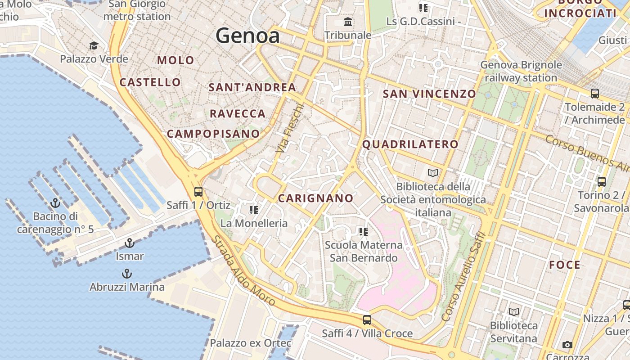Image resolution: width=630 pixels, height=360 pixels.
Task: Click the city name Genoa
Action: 247,36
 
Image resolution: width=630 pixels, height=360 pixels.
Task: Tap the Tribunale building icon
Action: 348,22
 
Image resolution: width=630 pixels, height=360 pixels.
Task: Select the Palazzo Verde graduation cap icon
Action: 94,45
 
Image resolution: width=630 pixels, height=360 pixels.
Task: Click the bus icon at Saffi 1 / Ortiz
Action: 198,191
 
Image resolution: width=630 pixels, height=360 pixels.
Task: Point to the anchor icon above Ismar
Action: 130,243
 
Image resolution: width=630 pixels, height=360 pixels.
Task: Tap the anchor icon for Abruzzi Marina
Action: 127,274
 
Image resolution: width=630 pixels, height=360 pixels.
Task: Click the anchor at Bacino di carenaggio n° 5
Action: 55,203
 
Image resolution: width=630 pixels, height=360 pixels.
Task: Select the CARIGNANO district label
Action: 315,198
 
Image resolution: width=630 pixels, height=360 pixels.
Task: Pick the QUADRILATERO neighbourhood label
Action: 410,144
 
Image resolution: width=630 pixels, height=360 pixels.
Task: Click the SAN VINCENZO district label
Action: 429,94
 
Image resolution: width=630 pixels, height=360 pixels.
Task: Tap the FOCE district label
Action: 565,265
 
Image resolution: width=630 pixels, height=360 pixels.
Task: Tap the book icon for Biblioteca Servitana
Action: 513,312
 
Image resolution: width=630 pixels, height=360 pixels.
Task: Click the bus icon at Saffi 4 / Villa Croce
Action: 367,320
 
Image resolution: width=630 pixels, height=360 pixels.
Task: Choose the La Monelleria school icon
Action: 254,210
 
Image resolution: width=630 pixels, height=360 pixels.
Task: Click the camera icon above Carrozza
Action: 567,345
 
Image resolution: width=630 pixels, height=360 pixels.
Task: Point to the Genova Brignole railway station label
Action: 521,71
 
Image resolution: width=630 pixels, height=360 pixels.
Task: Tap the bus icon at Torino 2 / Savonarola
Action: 602,182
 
